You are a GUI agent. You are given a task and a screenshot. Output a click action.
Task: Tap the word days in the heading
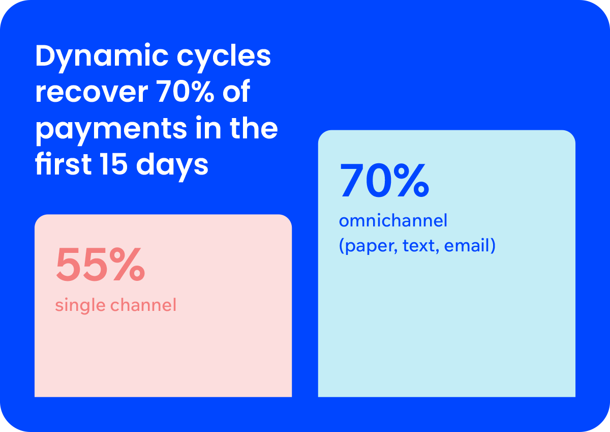tap(172, 166)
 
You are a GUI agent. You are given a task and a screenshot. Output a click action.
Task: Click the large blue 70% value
tap(384, 180)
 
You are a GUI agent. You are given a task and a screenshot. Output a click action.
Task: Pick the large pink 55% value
tap(100, 265)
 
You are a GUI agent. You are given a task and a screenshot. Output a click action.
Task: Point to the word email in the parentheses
tap(467, 245)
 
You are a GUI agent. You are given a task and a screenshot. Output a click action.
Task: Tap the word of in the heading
tap(236, 91)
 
